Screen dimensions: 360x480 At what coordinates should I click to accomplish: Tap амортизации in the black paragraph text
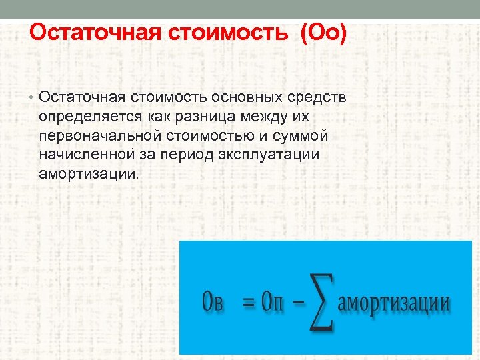(88, 173)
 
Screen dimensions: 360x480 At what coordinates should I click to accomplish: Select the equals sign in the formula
(249, 302)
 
